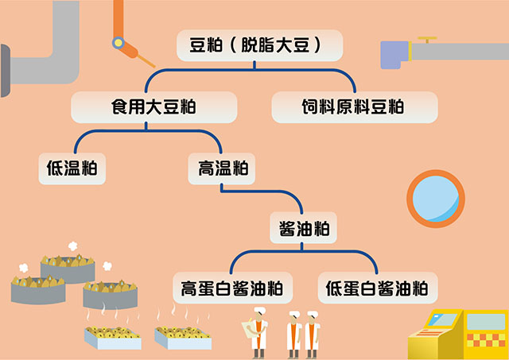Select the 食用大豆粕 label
pos(153,106)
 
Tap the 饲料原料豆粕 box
pos(354,106)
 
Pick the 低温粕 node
pos(72,168)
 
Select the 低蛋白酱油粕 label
pos(377,288)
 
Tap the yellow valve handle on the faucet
pos(429,37)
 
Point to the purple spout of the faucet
pos(394,54)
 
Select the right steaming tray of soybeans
pos(182,335)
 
